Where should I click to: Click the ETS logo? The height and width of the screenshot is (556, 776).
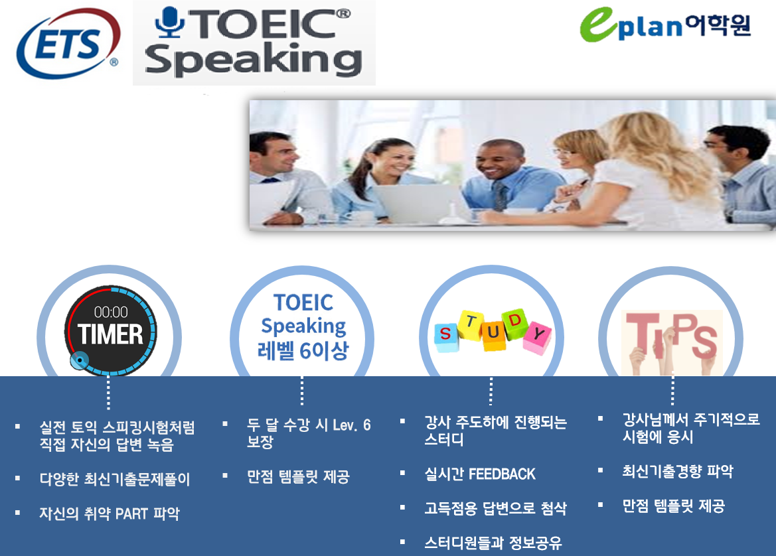click(68, 44)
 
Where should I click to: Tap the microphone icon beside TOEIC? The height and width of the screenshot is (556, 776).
click(170, 23)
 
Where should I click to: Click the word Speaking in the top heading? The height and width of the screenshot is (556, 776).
click(254, 60)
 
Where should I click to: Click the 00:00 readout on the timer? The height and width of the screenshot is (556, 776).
click(111, 312)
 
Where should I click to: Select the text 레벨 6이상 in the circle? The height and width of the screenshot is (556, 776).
click(303, 351)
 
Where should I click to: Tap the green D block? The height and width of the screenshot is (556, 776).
click(514, 324)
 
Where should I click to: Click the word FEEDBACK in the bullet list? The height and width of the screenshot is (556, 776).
click(502, 474)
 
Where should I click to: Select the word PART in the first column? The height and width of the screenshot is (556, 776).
click(131, 514)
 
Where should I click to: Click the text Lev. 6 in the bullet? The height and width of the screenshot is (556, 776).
click(351, 425)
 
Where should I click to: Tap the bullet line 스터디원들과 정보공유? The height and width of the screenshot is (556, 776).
click(493, 543)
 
